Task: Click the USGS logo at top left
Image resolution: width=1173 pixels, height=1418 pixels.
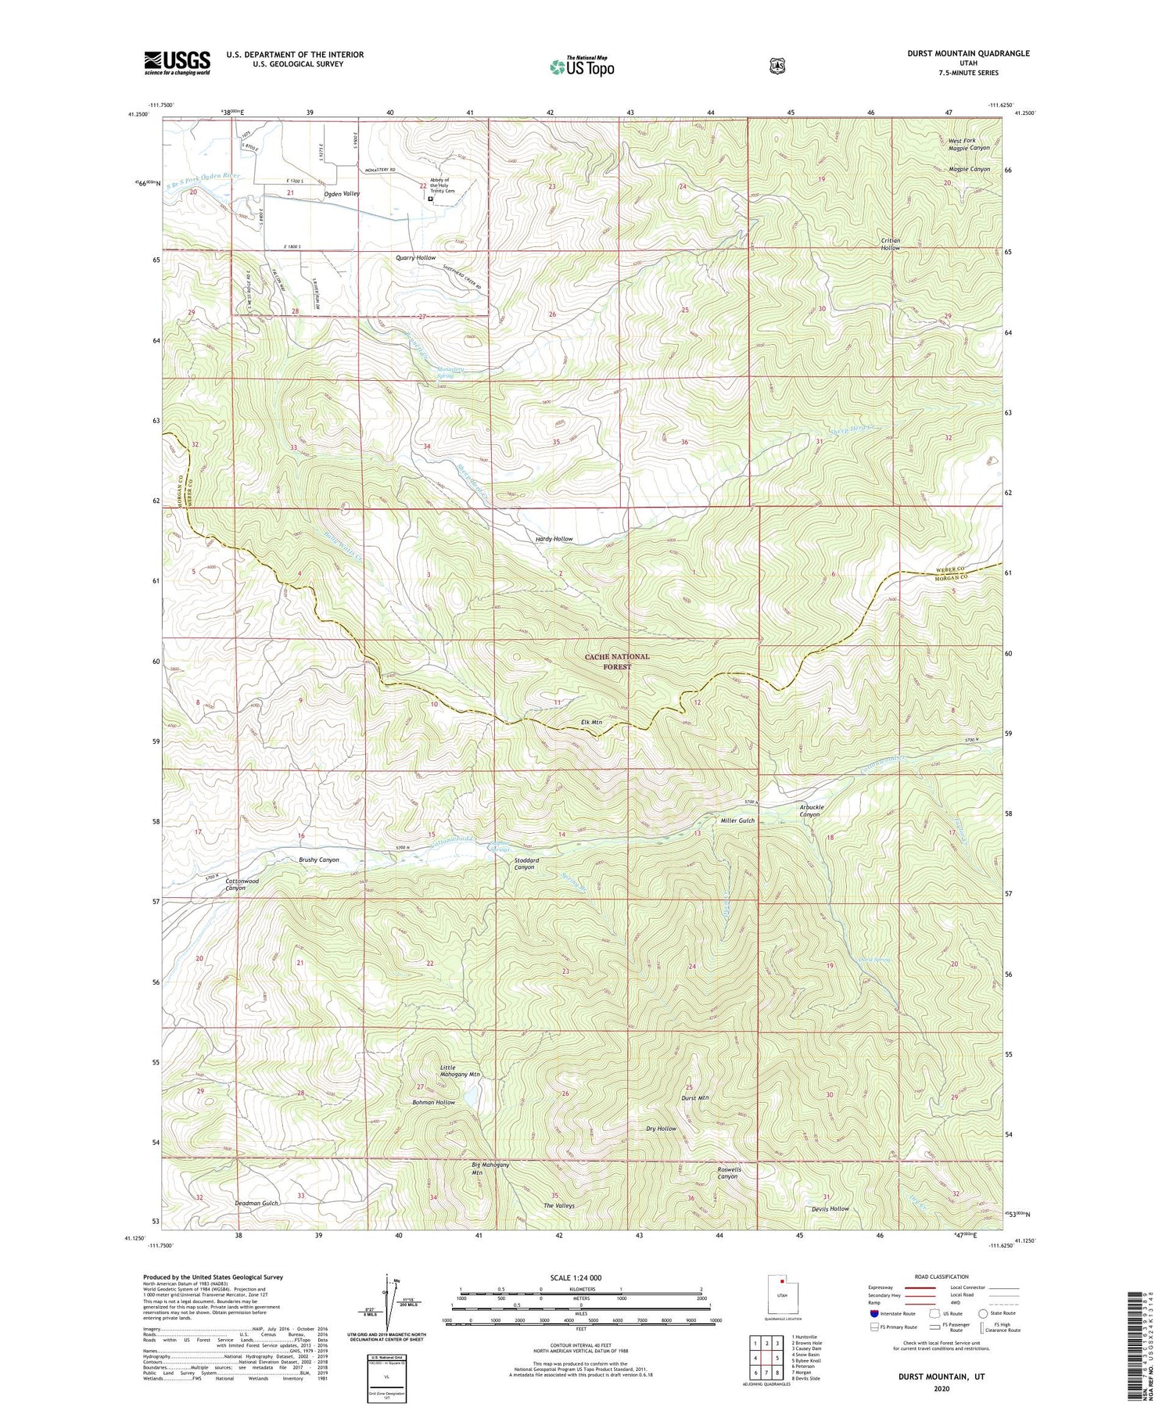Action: pyautogui.click(x=178, y=63)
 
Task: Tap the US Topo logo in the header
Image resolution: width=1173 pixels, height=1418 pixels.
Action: pyautogui.click(x=582, y=66)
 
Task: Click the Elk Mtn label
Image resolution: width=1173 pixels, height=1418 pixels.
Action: pyautogui.click(x=591, y=722)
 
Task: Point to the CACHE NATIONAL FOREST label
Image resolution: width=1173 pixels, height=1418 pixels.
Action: pyautogui.click(x=617, y=662)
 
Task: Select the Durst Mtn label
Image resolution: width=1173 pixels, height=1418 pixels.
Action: pyautogui.click(x=695, y=1098)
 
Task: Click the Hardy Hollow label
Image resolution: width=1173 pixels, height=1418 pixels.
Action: pyautogui.click(x=554, y=539)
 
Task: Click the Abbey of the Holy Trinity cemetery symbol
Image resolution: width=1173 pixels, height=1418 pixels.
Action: pyautogui.click(x=430, y=199)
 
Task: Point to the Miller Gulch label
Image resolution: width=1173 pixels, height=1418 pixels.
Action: pyautogui.click(x=737, y=820)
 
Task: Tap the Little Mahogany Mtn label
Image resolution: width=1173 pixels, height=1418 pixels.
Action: pyautogui.click(x=459, y=1071)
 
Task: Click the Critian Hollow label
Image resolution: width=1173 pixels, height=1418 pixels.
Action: pyautogui.click(x=890, y=244)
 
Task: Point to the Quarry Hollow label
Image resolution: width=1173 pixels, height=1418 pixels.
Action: pyautogui.click(x=415, y=257)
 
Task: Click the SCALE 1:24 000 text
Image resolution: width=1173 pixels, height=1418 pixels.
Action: pyautogui.click(x=576, y=1277)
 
